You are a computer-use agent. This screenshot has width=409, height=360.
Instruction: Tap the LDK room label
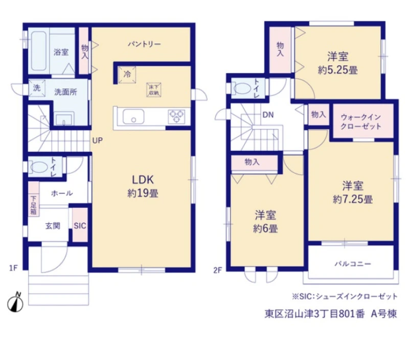pos(143,180)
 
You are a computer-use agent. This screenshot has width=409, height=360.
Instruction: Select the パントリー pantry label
pos(144,44)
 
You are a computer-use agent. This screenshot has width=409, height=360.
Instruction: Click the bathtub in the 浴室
pos(39,51)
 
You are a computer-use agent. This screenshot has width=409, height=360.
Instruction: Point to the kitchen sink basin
pos(133,116)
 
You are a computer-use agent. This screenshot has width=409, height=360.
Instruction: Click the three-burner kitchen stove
pos(176,116)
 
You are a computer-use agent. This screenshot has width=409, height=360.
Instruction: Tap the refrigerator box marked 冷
pos(127,75)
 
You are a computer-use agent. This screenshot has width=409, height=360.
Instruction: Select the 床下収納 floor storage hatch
pos(154,90)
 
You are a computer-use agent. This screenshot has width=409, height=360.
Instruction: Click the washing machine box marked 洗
pos(37,88)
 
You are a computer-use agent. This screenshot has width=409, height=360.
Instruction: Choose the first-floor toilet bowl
pos(39,166)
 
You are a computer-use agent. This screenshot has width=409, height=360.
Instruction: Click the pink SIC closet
pos(80,225)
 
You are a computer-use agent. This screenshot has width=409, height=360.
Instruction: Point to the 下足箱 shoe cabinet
pos(34,199)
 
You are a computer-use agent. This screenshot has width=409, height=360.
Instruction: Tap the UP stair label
pos(97,140)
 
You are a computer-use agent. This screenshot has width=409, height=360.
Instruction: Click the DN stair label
pos(268,115)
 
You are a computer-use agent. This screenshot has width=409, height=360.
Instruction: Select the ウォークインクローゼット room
pos(363,121)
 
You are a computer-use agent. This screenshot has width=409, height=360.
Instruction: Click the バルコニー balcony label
pos(353,264)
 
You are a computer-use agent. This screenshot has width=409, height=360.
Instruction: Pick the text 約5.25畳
pos(337,70)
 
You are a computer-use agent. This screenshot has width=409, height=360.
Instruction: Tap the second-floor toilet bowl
pos(242,88)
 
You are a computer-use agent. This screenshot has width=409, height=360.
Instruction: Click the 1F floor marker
pos(13,268)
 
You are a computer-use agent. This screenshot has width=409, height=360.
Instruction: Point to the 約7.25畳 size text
pos(353,199)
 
